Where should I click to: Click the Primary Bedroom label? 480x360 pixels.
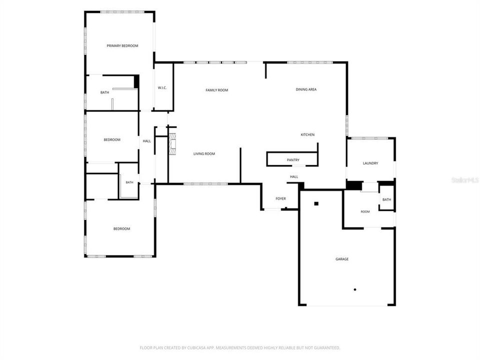[x=122, y=46]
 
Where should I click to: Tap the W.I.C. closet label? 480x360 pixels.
[x=162, y=88]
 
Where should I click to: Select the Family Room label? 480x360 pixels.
[x=216, y=90]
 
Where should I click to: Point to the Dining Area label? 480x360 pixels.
[x=306, y=89]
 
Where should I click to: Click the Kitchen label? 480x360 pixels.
[x=307, y=134]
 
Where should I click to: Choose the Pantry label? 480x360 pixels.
[x=293, y=160]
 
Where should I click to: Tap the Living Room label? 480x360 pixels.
[x=204, y=154]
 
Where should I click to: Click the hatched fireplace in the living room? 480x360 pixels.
[x=173, y=144]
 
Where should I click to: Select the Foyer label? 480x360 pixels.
[x=280, y=199]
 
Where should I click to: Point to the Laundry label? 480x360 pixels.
[x=370, y=163]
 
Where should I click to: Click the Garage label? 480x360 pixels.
[x=342, y=259]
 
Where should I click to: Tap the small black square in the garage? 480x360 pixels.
[x=316, y=203]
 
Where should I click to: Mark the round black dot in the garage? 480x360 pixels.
[x=355, y=289]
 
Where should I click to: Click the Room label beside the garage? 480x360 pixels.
[x=365, y=212]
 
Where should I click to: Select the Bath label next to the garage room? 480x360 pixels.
[x=386, y=199]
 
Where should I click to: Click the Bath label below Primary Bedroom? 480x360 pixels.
[x=104, y=92]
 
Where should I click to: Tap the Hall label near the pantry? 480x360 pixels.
[x=294, y=177]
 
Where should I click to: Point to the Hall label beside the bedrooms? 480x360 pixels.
[x=147, y=141]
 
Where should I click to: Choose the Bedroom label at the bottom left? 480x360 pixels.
[x=122, y=229]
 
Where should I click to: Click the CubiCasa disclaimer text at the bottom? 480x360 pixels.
[x=240, y=348]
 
